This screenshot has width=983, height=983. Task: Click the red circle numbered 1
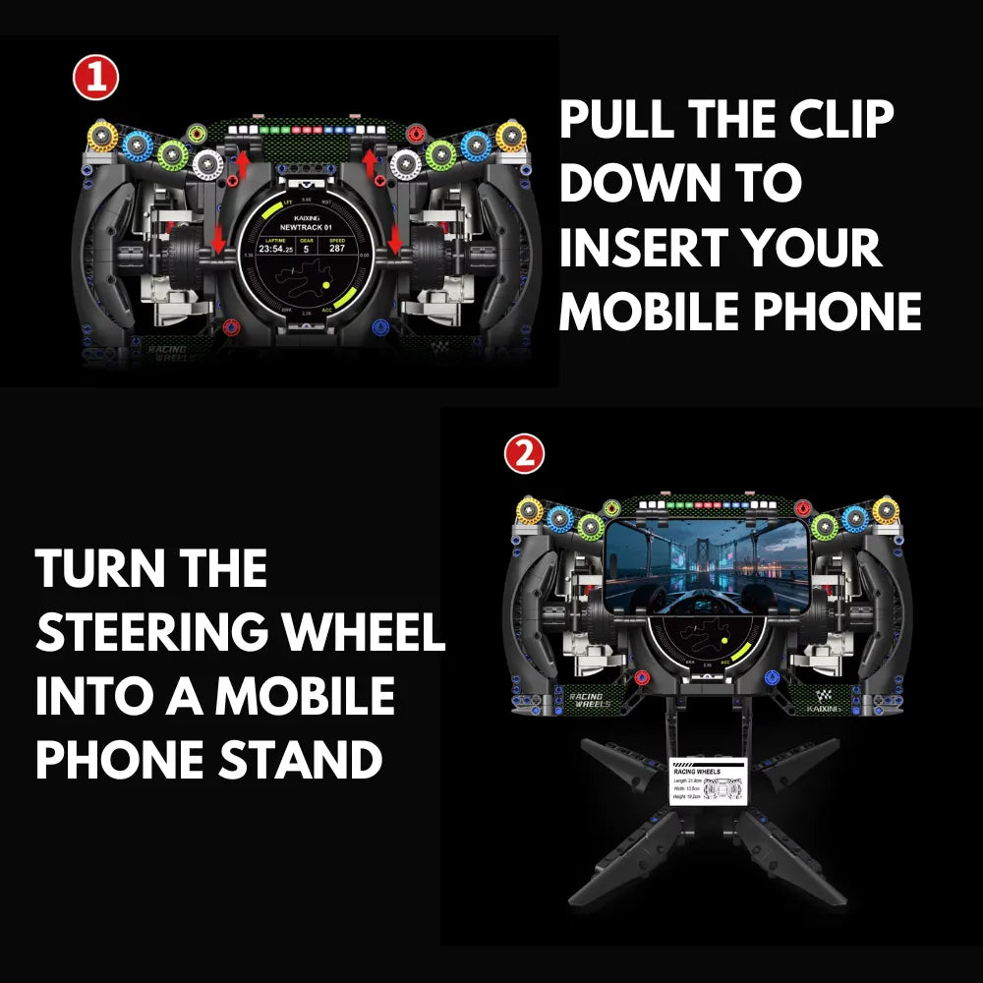[x=96, y=80]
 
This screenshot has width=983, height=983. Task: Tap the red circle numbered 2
[x=524, y=454]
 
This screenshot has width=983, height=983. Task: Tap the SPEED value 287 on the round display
[x=338, y=249]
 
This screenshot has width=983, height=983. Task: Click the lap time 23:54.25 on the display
[x=275, y=249]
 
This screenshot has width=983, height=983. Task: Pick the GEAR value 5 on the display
[x=306, y=249]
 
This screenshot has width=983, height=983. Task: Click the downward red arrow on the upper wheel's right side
[x=395, y=238]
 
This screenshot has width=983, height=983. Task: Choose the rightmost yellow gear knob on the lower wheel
[x=886, y=511]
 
